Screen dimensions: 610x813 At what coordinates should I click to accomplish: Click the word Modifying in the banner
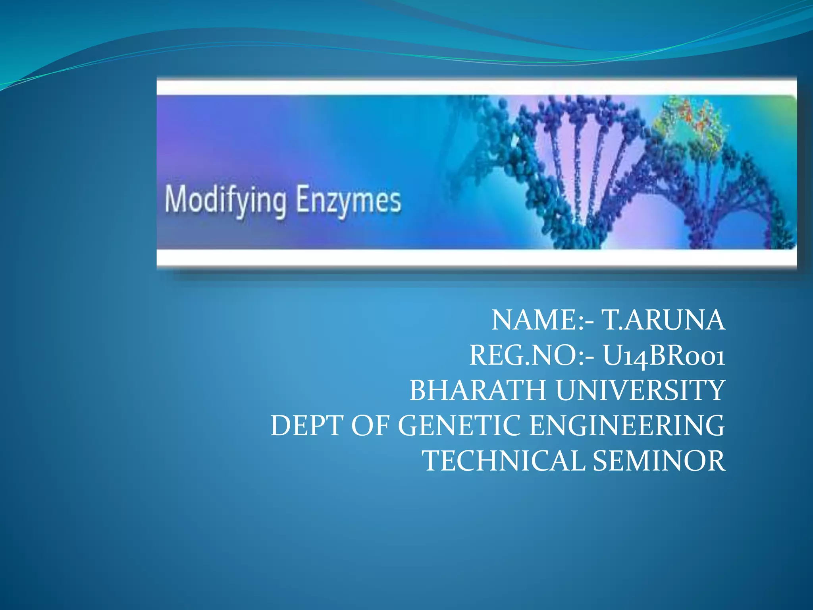coord(225,201)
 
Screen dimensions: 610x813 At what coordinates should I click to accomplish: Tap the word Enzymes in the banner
coord(348,201)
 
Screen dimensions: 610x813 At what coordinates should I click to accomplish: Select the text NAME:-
coord(543,320)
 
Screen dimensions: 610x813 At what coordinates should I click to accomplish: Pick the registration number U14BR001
coord(664,355)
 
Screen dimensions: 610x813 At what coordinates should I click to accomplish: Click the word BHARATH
coord(478,390)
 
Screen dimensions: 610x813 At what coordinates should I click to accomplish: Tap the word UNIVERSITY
coord(640,390)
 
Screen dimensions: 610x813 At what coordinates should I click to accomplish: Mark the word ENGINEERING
coord(627,425)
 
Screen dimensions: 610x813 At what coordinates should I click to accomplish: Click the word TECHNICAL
coord(503,461)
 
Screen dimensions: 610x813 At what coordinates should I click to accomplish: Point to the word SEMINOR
coord(659,461)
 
